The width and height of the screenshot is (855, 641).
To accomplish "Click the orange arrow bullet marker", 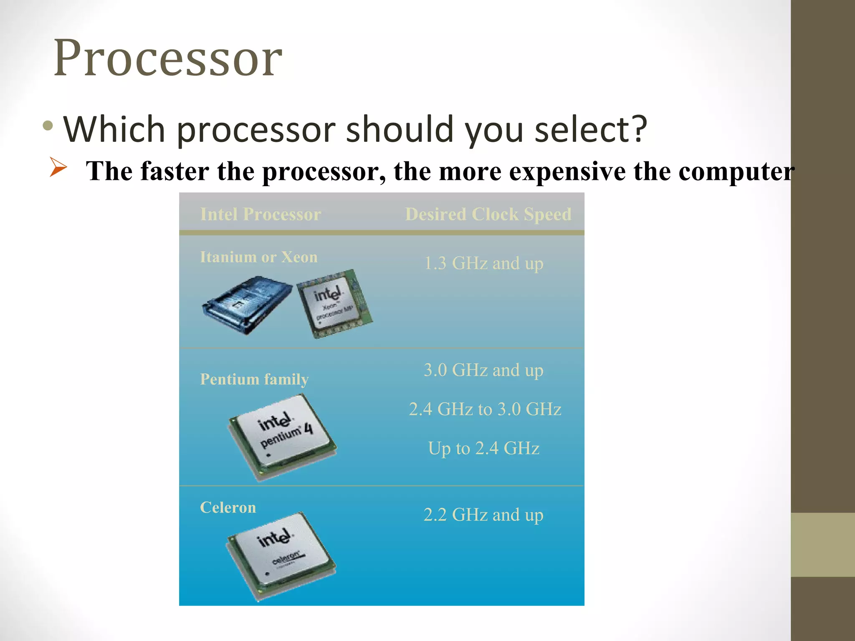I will click(x=58, y=167).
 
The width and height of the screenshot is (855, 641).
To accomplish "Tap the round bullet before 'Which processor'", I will click(x=48, y=126).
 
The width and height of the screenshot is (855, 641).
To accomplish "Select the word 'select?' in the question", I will click(x=591, y=129).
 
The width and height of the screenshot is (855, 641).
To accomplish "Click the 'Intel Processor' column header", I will click(x=261, y=215).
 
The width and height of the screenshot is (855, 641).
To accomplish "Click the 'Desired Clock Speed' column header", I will click(x=488, y=215).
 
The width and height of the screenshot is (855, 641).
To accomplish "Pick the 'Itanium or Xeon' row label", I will click(x=258, y=257).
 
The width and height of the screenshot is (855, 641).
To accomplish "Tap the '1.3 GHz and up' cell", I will click(x=483, y=264).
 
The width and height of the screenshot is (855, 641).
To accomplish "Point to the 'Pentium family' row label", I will click(x=254, y=379).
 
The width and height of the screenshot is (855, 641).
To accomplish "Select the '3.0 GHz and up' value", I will click(x=483, y=371).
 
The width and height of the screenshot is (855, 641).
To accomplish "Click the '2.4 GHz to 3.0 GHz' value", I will click(x=485, y=409).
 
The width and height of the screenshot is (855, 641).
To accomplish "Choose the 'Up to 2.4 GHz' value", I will click(x=483, y=449).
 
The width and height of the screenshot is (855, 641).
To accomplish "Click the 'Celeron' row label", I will click(x=228, y=507).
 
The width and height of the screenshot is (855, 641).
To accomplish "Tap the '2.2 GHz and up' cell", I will click(x=483, y=515).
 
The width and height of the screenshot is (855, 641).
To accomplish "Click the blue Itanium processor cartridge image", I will click(x=247, y=305).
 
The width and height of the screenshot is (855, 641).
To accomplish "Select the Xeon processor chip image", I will click(x=334, y=304).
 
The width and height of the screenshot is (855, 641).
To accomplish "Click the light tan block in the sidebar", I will click(x=822, y=545).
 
